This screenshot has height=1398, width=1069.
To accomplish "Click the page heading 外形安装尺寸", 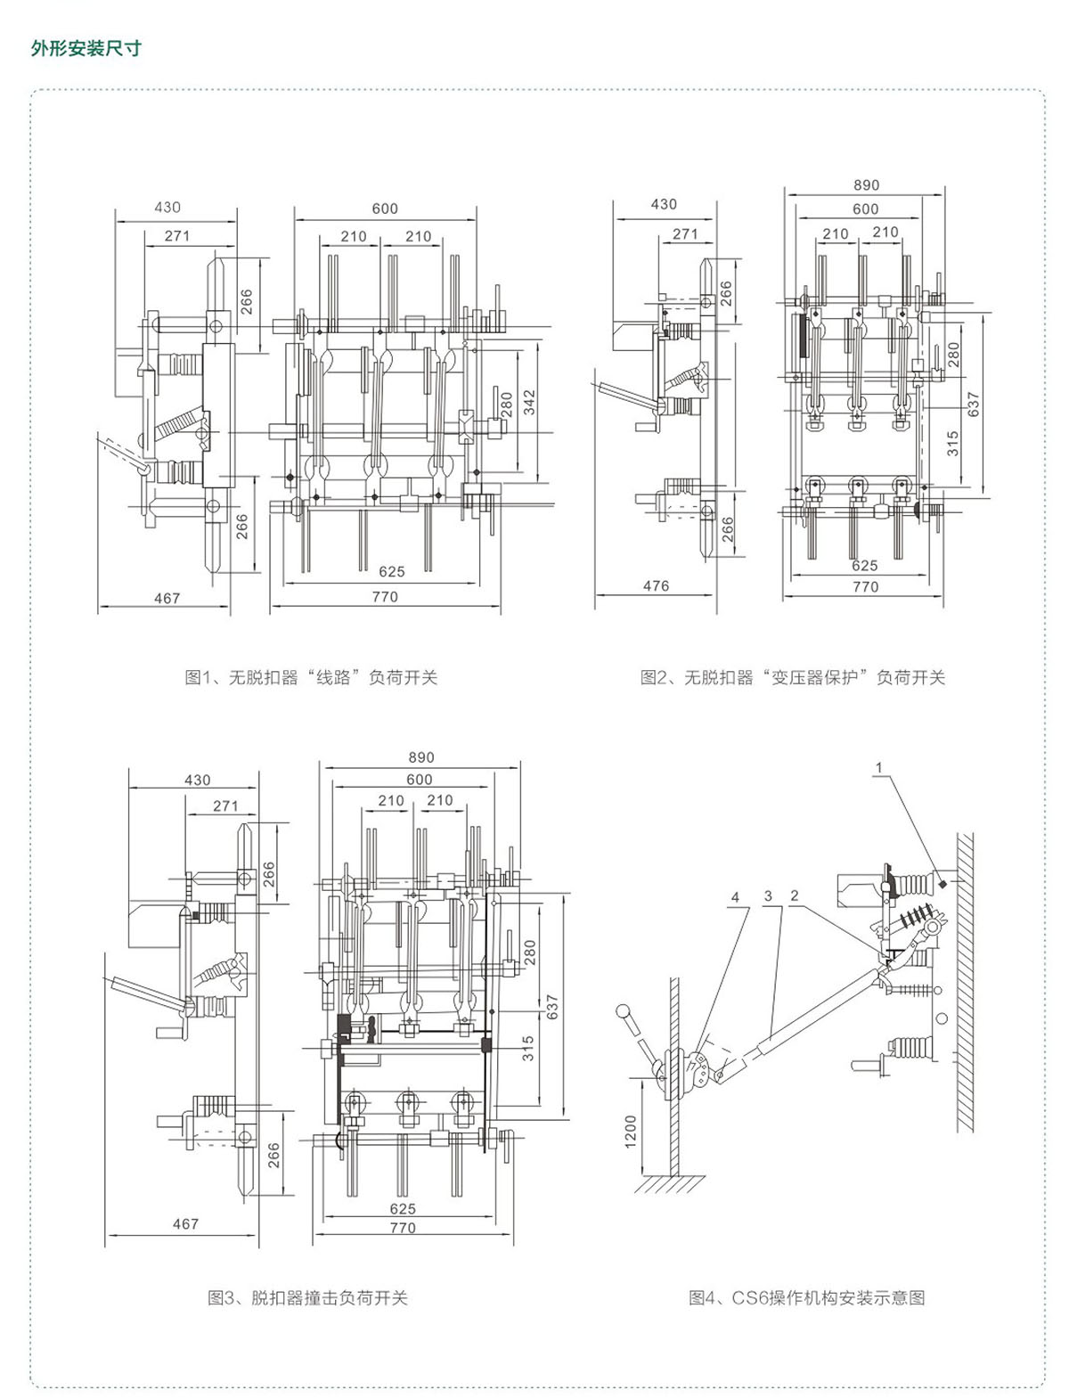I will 86,48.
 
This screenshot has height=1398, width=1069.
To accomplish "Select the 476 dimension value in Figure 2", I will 656,585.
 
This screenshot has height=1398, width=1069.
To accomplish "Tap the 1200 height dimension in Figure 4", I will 632,1131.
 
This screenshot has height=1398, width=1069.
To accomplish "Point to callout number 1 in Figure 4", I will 878,767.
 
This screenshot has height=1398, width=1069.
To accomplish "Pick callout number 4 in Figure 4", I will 735,897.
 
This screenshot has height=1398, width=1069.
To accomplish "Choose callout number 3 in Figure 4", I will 767,896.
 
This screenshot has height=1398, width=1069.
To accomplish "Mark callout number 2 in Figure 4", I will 794,896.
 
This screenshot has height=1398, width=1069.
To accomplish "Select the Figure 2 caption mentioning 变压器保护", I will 792,677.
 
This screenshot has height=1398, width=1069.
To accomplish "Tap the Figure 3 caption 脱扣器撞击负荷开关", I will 307,1298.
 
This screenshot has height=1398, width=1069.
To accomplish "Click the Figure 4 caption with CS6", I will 806,1298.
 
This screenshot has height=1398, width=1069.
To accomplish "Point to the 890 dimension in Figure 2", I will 866,185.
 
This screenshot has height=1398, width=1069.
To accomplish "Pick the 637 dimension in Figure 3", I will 552,1008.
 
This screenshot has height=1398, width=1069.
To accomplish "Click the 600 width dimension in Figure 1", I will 385,208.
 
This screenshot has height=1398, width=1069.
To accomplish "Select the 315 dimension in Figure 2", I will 952,444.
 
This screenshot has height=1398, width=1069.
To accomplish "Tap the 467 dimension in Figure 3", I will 185,1223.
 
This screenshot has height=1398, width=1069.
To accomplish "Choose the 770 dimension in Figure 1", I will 385,597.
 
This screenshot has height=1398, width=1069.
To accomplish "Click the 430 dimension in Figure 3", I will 197,780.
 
